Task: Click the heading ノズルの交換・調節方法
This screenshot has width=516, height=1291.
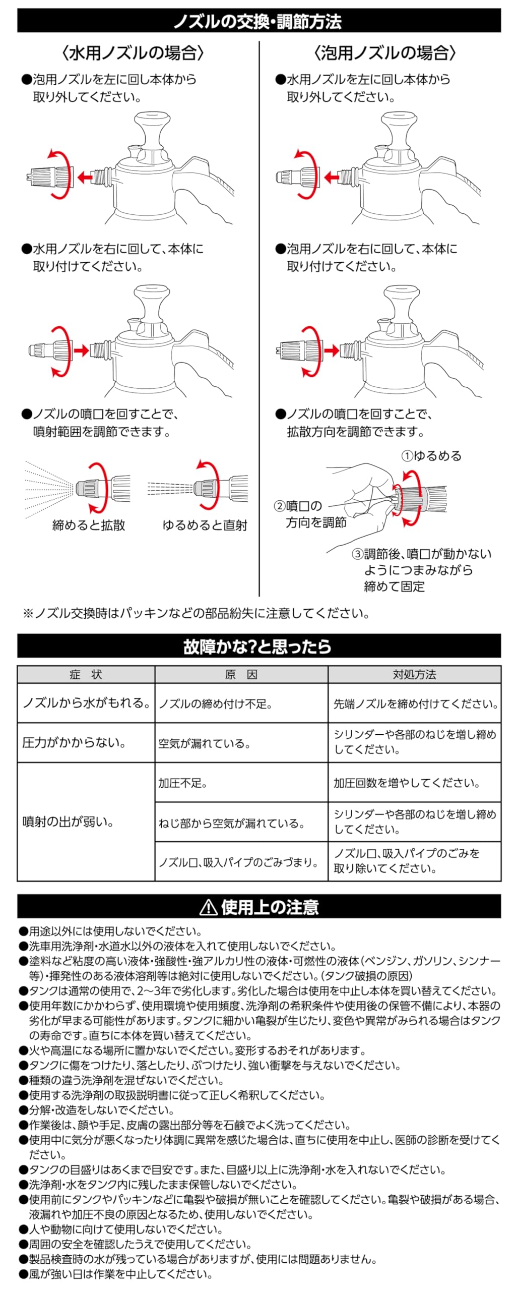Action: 257,21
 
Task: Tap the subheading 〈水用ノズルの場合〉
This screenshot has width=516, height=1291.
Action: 133,53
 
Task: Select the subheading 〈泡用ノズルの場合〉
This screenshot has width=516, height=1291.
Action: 385,53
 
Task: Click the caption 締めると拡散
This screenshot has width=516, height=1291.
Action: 89,525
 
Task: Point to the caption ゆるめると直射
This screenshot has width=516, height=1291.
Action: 205,525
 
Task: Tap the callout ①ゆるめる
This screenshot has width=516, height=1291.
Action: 431,456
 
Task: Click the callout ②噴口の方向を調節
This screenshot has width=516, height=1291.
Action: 310,514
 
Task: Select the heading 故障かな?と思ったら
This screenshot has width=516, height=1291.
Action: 257,646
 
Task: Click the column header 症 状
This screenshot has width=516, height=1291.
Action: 86,675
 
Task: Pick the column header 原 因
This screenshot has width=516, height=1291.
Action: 241,675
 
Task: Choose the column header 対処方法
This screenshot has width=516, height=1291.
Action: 414,675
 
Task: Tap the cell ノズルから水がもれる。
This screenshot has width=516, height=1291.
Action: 86,703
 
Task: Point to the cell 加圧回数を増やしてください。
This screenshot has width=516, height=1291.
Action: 407,783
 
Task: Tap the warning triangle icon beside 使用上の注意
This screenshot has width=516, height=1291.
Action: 208,907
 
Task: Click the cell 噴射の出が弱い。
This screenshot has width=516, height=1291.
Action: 68,822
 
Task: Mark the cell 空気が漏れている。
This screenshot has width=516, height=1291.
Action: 204,743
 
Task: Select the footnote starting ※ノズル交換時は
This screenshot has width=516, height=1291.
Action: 197,613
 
